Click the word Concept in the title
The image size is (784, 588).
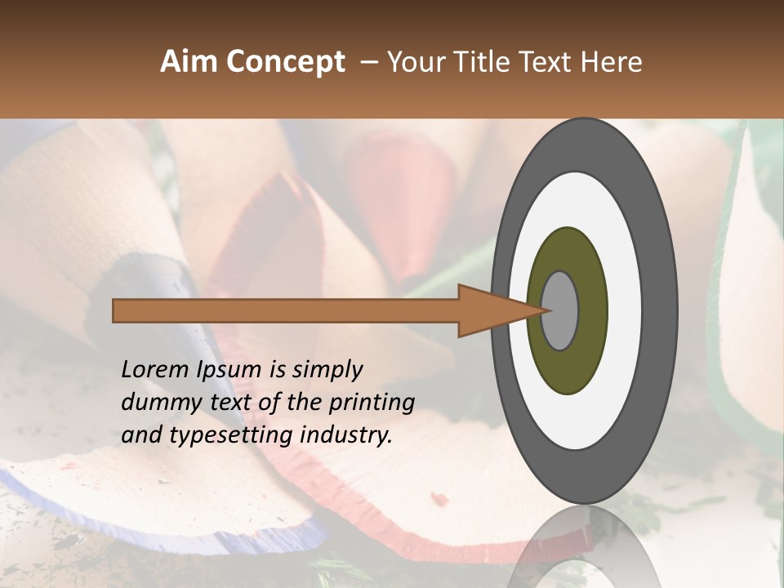point(285,62)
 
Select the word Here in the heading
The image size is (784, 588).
point(613,62)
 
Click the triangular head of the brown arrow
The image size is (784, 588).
point(490,310)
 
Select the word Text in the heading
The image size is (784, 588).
point(548,62)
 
